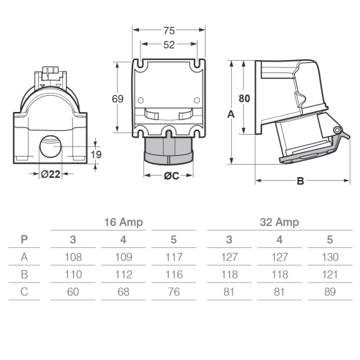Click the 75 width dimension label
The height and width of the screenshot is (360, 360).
169,31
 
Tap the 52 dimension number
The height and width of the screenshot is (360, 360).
169,45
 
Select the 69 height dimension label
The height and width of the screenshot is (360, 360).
118,99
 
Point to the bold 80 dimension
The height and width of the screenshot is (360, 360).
244,99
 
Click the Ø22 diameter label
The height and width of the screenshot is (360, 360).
50,174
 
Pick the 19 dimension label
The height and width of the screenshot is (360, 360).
96,154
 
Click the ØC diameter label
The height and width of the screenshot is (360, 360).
171,176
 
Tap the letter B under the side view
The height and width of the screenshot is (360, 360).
300,181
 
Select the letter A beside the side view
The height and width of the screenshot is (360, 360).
230,114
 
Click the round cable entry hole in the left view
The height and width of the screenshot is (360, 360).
50,146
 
